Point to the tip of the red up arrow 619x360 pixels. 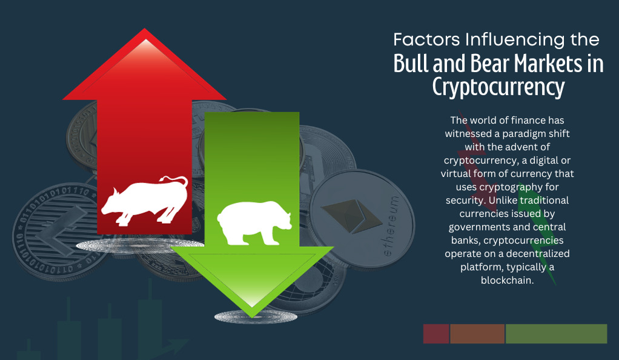point(145,29)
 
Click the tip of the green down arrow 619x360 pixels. point(252,318)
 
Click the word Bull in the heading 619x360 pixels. point(411,64)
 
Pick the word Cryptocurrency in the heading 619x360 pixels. point(498,87)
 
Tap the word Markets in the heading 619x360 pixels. point(548,64)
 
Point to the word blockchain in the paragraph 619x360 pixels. point(507,280)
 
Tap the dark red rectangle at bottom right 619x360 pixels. point(436,334)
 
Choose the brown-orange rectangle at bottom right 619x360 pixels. point(477,334)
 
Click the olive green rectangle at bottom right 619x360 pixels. point(556,334)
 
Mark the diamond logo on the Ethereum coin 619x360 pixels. point(347,215)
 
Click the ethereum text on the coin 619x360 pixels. point(391,226)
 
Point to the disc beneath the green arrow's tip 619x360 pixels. point(256,317)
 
